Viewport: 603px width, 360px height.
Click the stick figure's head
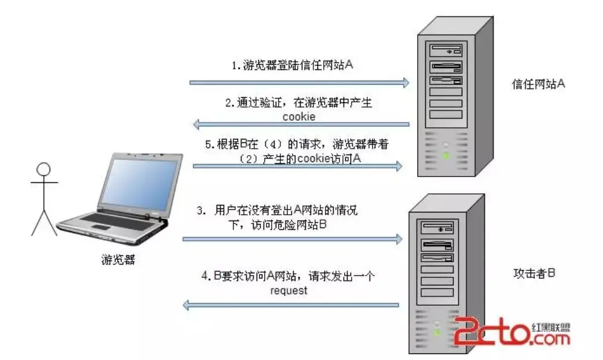pyautogui.click(x=44, y=171)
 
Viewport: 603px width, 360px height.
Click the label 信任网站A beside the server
pyautogui.click(x=538, y=85)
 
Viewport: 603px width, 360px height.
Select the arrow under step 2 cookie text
pyautogui.click(x=301, y=123)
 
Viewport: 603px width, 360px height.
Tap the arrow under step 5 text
pyautogui.click(x=297, y=166)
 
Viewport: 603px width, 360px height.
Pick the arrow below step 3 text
pyautogui.click(x=293, y=238)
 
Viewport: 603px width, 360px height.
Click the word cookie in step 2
pyautogui.click(x=299, y=116)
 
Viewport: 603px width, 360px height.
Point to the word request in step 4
pyautogui.click(x=288, y=291)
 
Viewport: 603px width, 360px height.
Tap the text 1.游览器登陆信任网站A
pyautogui.click(x=293, y=65)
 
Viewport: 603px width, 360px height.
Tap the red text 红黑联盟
pyautogui.click(x=550, y=326)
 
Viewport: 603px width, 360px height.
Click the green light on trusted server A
pyautogui.click(x=445, y=155)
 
